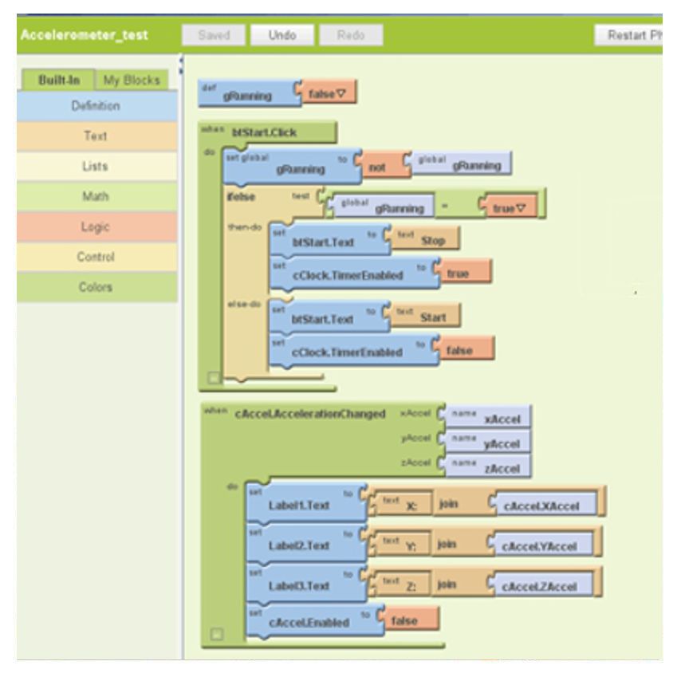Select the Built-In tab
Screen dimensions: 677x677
click(x=55, y=81)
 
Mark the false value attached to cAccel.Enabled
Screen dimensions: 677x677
click(x=407, y=620)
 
